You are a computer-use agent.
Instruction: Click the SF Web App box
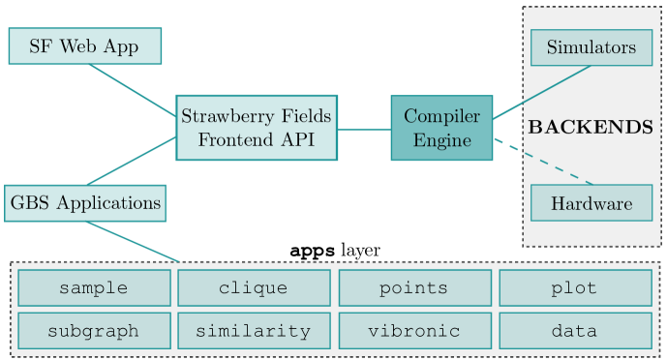click(84, 46)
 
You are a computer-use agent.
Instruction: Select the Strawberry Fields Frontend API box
click(257, 128)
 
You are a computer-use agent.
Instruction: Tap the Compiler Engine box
click(441, 128)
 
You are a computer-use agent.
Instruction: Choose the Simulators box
click(591, 47)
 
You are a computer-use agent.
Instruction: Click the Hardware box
click(591, 203)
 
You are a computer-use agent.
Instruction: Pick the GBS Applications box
click(85, 203)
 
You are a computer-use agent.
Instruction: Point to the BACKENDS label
click(591, 127)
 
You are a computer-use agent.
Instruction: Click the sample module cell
click(94, 288)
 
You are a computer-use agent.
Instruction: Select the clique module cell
click(254, 288)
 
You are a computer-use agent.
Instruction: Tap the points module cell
click(413, 288)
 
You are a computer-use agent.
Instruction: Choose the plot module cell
click(574, 288)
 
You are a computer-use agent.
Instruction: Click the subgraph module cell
click(94, 331)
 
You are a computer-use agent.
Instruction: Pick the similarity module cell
click(254, 331)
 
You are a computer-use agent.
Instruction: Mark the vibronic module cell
click(413, 331)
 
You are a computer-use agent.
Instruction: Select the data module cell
click(574, 331)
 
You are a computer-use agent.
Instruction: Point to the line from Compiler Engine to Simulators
click(542, 93)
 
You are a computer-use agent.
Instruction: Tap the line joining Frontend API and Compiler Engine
click(364, 129)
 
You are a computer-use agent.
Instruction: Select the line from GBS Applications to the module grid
click(134, 242)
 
